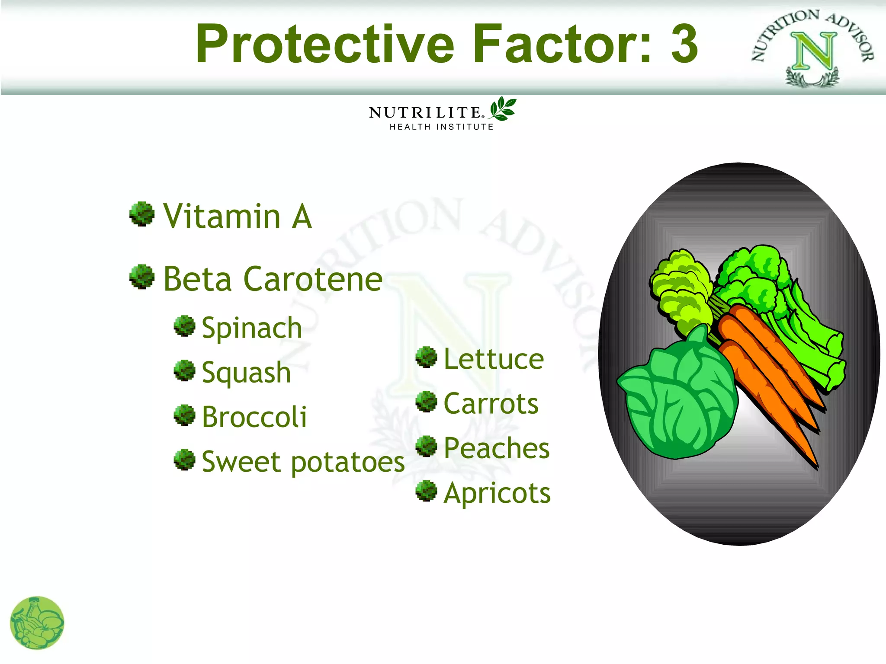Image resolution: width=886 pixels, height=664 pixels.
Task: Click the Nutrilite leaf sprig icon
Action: click(x=502, y=109)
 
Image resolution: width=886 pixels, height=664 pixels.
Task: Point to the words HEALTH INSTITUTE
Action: click(x=441, y=127)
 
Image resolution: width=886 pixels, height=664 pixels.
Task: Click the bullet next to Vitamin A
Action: click(x=142, y=214)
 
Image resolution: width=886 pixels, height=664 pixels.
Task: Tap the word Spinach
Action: click(x=252, y=328)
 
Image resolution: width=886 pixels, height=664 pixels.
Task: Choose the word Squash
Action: click(x=246, y=373)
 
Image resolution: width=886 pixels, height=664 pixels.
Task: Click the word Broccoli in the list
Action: click(x=254, y=417)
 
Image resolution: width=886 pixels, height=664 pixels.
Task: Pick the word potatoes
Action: click(x=347, y=462)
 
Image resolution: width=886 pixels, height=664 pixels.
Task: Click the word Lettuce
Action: click(x=494, y=360)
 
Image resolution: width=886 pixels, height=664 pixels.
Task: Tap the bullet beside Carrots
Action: click(x=427, y=402)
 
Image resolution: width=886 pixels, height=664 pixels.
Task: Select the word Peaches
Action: click(x=497, y=448)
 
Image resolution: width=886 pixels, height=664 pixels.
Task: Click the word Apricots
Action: click(x=497, y=493)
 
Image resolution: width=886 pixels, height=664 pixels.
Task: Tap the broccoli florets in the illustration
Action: click(x=753, y=277)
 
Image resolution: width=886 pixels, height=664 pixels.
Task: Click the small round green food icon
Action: click(x=37, y=623)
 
